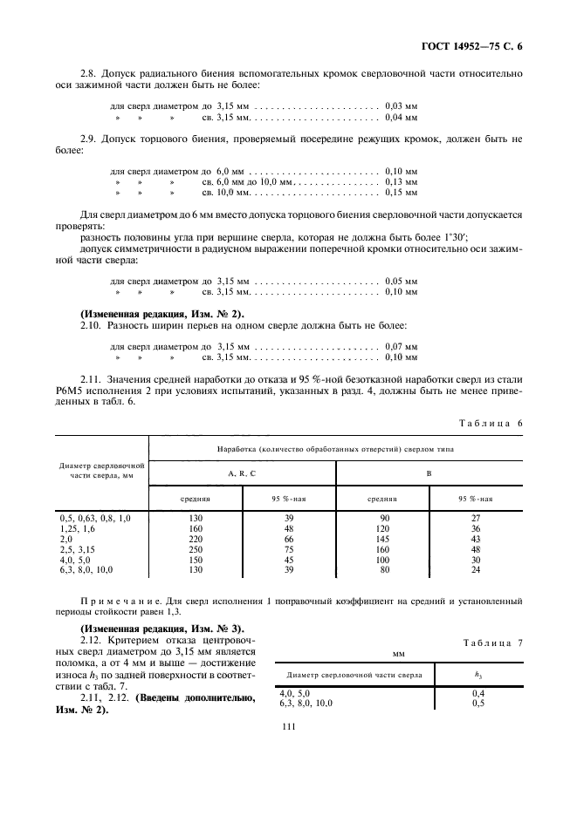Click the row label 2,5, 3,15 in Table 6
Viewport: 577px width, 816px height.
(x=74, y=549)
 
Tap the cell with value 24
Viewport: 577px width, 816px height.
(x=476, y=570)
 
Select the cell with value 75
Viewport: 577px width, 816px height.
(x=289, y=549)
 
